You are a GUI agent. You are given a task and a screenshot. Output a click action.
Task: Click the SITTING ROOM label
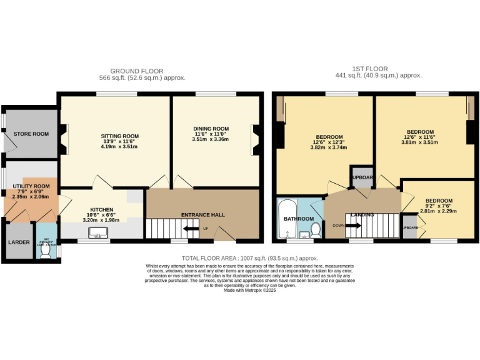coord(119,136)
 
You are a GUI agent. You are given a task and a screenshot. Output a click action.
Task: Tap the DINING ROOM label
coord(211,129)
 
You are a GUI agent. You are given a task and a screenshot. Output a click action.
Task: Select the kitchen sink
coord(99,233)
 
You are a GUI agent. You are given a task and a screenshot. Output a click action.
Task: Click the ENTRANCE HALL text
coord(202,215)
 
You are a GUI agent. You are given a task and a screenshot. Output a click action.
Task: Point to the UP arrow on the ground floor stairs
coord(206,228)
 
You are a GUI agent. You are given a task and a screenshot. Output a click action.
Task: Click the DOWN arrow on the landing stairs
coord(338,226)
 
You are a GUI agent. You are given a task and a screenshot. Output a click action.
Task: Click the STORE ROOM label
coord(31,134)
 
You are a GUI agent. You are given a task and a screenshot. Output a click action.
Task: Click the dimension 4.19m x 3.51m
coord(119,147)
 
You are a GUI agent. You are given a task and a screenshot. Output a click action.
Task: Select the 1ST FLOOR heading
coord(371,69)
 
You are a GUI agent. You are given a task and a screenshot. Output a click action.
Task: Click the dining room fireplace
coord(256,139)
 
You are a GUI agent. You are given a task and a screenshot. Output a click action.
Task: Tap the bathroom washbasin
coord(304,236)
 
